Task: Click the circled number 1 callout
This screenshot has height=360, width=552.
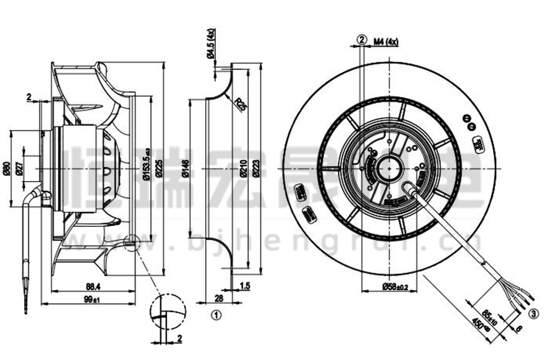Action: [216, 317]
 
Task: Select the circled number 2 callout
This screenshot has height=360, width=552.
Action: [361, 39]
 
